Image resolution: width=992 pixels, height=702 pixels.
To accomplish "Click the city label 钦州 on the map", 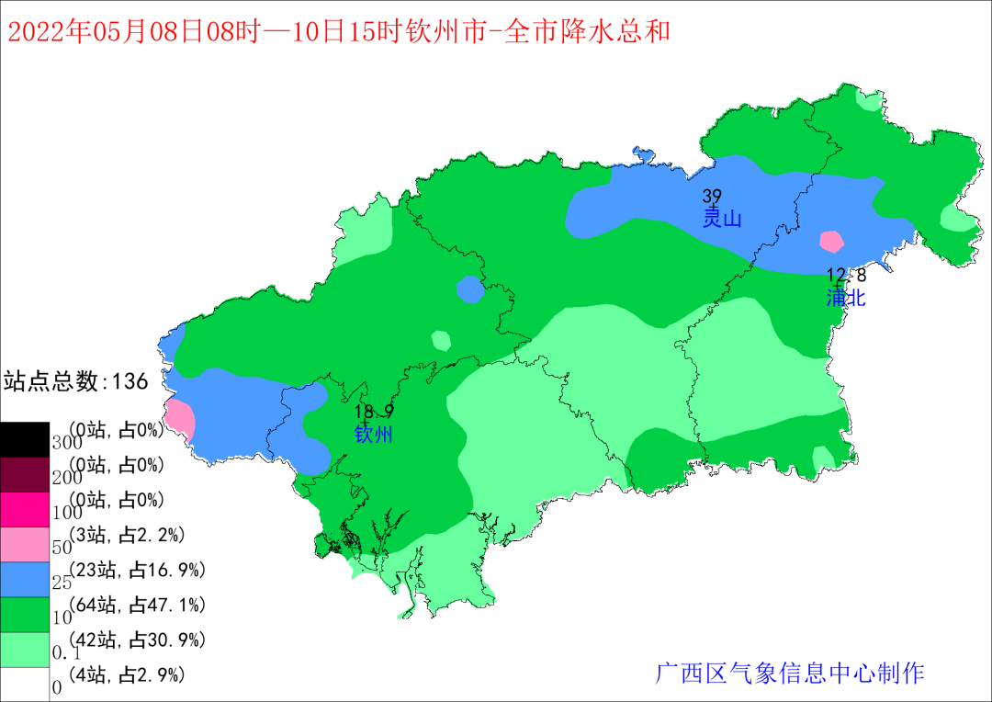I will pos(373,435).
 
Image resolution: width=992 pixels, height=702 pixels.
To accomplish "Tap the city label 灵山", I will pos(722,219).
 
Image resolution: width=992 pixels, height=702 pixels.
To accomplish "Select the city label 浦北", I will pos(846,298).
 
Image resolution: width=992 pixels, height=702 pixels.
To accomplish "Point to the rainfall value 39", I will pos(712,196).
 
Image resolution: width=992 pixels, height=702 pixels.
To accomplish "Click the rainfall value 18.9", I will pos(374,412).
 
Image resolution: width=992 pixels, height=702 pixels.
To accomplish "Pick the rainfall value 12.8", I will pos(846,275).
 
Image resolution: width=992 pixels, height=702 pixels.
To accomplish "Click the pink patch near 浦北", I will pos(831,242).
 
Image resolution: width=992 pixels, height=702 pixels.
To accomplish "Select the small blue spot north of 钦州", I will pos(470,289).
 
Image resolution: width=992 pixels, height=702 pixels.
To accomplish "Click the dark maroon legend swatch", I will pos(25,475).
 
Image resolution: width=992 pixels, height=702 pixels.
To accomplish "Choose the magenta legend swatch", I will pos(25,510).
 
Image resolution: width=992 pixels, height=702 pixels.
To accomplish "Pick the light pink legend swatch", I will pos(25,545).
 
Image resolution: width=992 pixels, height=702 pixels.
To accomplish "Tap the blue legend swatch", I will pos(25,580).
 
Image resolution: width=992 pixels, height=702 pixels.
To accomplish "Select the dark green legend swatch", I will pos(25,615).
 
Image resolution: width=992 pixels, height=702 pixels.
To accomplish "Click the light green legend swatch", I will pos(25,650).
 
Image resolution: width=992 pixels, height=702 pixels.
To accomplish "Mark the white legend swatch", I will pos(25,685).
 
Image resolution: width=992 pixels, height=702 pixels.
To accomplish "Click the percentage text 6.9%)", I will pos(181,571).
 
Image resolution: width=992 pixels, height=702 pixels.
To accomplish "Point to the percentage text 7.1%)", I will pos(181,605).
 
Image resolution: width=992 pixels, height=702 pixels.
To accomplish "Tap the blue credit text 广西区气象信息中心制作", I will pos(789,674).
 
